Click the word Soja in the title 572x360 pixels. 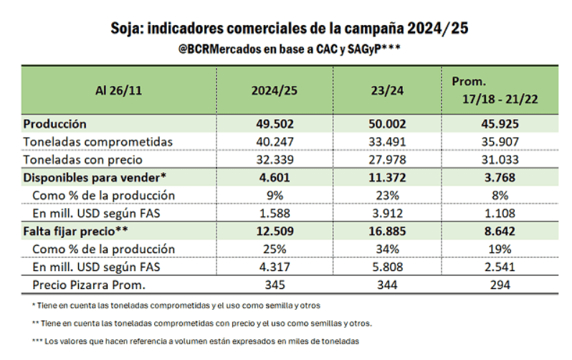[x=127, y=29]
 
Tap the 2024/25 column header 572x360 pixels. [x=274, y=91]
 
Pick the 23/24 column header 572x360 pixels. [x=387, y=91]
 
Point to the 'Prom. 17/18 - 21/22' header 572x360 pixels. [x=495, y=91]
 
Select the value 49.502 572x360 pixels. [x=274, y=123]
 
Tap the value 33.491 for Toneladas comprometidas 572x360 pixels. [x=387, y=141]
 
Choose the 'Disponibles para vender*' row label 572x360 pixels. [x=95, y=177]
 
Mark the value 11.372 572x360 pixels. [x=387, y=177]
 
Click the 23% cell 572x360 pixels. [x=387, y=195]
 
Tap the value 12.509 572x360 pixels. [x=274, y=231]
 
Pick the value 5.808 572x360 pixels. [x=387, y=267]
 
